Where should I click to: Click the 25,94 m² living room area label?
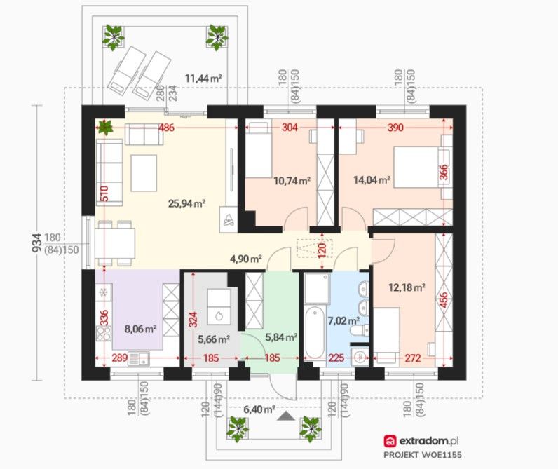(x=186, y=203)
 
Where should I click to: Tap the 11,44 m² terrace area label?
(x=203, y=78)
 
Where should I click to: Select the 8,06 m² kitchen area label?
(x=141, y=329)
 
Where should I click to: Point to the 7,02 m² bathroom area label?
(x=343, y=320)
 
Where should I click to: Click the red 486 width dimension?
(x=166, y=128)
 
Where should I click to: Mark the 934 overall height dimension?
(x=37, y=243)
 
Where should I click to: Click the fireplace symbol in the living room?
(x=228, y=219)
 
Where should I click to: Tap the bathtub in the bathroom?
(x=315, y=332)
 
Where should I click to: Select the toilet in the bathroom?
(x=360, y=331)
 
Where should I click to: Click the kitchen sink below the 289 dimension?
(x=139, y=359)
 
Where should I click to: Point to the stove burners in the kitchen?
(x=104, y=334)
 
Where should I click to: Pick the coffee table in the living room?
(x=144, y=173)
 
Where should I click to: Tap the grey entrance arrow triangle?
(x=286, y=416)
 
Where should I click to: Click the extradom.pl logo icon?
(x=390, y=441)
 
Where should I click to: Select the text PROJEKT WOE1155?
(x=423, y=455)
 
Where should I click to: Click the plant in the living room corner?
(x=105, y=127)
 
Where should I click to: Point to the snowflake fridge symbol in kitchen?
(x=104, y=292)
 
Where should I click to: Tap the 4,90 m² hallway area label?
(x=246, y=259)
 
